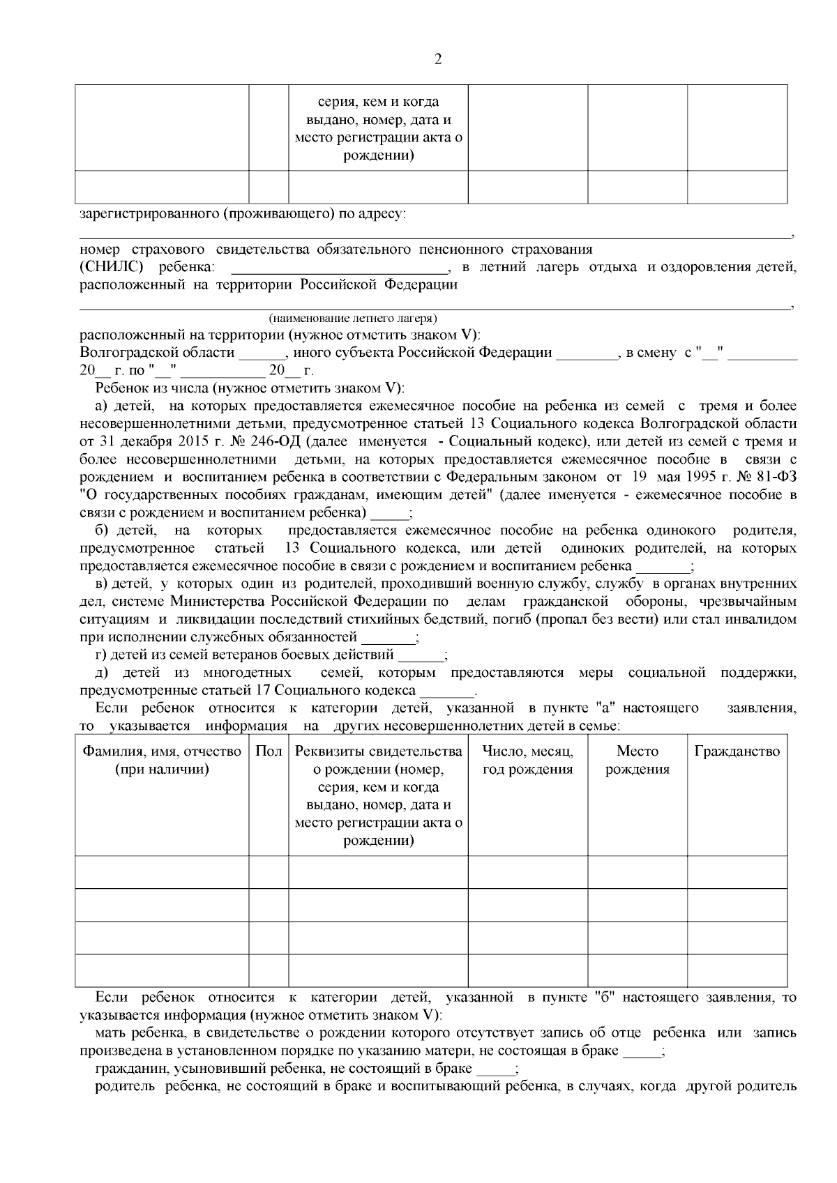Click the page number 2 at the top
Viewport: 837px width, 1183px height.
[438, 59]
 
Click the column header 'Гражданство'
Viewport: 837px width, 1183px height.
[737, 751]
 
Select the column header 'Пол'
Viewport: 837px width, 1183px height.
[269, 751]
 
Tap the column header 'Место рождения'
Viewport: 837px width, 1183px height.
[638, 761]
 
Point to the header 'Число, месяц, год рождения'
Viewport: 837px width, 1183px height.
[527, 761]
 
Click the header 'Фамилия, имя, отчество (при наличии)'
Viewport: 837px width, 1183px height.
[162, 761]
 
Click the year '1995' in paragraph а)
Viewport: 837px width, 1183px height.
[705, 478]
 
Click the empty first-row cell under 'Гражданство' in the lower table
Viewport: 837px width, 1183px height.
[737, 872]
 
